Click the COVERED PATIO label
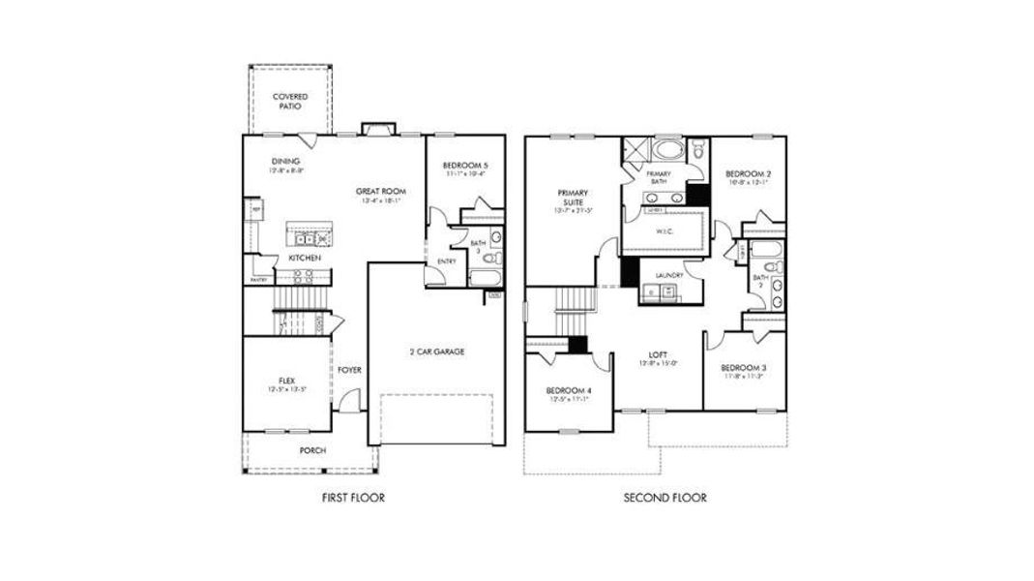tap(290, 102)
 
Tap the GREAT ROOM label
tap(379, 192)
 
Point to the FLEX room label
tap(285, 381)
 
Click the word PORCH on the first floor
tap(312, 450)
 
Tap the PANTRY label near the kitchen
tap(258, 280)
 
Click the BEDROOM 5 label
tap(464, 166)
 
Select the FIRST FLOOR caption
tap(353, 499)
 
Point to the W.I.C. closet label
tap(666, 231)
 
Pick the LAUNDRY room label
tap(669, 275)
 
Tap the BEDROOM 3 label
tap(744, 368)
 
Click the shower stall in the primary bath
tap(635, 150)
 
